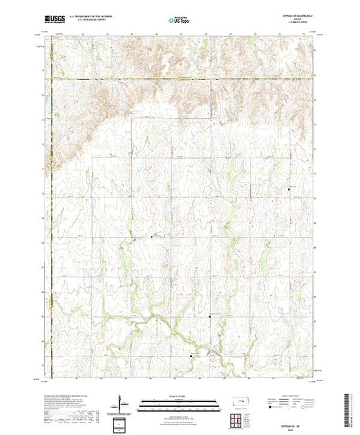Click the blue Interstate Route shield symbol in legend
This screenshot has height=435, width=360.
pyautogui.click(x=269, y=407)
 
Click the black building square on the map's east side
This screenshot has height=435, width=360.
pyautogui.click(x=288, y=188)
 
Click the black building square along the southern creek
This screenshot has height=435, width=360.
pyautogui.click(x=192, y=356)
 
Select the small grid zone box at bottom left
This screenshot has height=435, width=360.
pyautogui.click(x=120, y=423)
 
